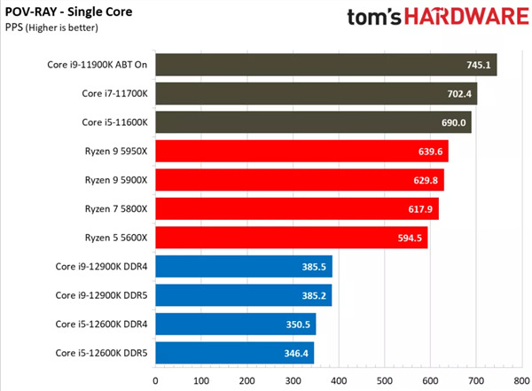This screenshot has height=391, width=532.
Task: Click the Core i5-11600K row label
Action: tap(114, 121)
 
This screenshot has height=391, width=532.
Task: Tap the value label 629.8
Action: tap(428, 179)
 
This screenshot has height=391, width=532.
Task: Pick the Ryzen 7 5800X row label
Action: tap(116, 208)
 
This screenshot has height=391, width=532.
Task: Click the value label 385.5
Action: tap(316, 266)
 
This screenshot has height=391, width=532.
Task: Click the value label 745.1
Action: tap(480, 65)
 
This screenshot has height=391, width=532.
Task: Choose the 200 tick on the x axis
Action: tap(247, 380)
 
